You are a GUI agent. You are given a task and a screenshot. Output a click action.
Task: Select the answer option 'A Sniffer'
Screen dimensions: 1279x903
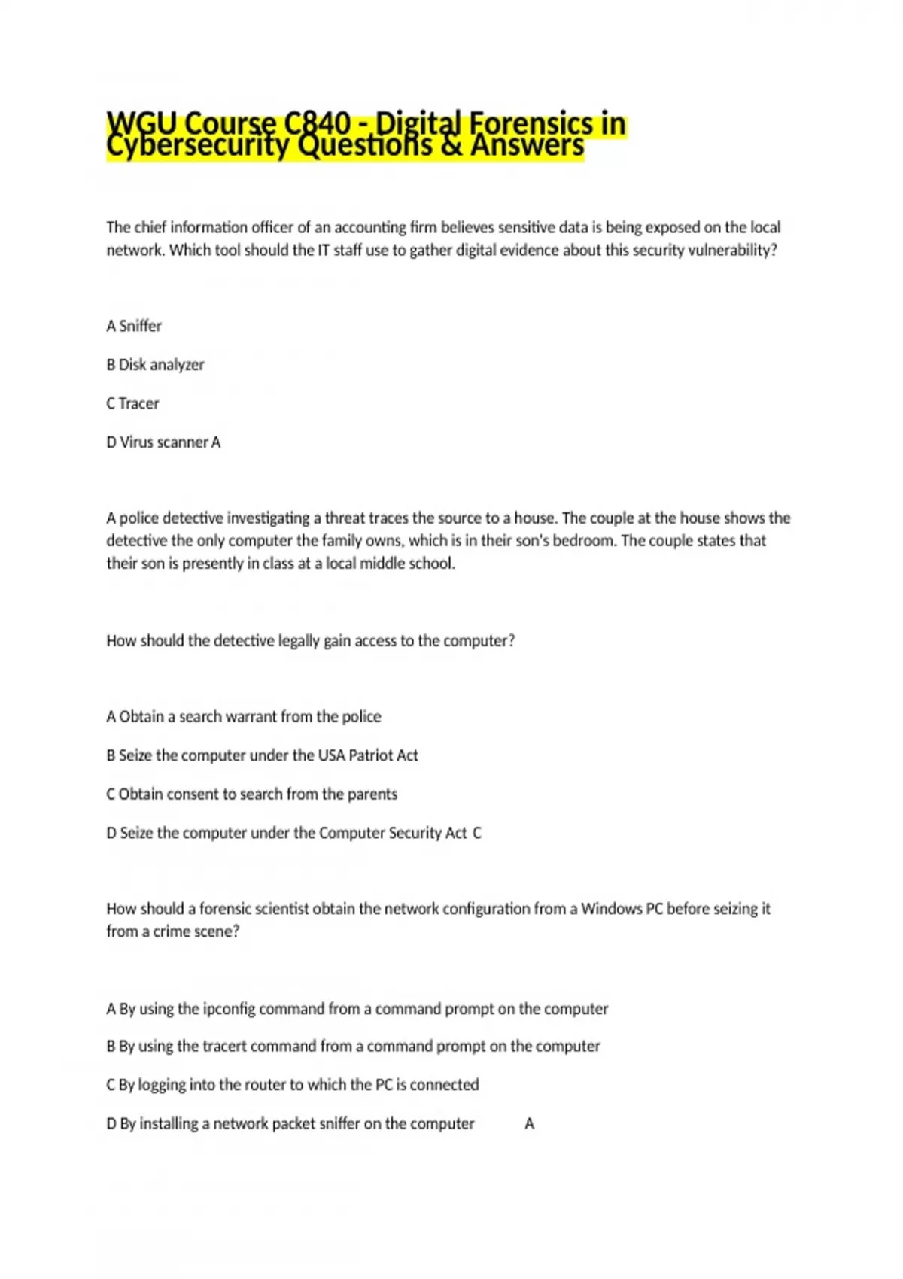pyautogui.click(x=134, y=326)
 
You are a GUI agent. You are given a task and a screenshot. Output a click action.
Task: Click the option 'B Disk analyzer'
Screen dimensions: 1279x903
pyautogui.click(x=155, y=365)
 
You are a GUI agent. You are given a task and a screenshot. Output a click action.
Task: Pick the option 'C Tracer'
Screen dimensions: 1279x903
pyautogui.click(x=132, y=403)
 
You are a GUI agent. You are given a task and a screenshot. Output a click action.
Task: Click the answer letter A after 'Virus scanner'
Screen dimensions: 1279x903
pyautogui.click(x=216, y=442)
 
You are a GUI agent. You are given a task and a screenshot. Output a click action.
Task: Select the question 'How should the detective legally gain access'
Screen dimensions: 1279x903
pyautogui.click(x=310, y=641)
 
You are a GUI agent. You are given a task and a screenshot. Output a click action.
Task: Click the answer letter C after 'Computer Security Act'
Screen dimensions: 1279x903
pyautogui.click(x=477, y=833)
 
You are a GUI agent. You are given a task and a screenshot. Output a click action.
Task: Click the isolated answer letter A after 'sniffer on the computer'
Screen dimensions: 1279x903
pyautogui.click(x=530, y=1124)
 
